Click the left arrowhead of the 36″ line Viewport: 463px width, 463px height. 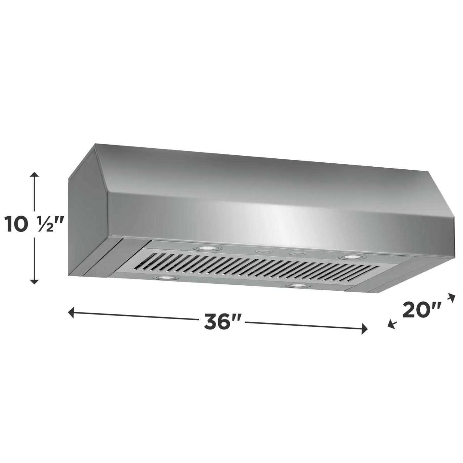[x=70, y=312]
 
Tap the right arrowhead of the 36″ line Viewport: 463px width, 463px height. [x=365, y=329]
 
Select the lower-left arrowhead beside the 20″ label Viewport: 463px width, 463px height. [x=391, y=325]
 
